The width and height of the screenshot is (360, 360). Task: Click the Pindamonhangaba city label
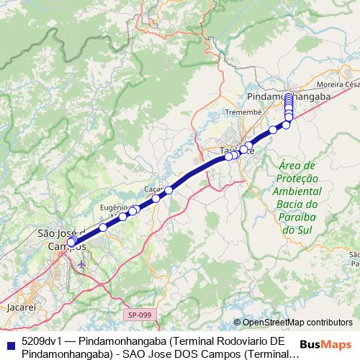287,96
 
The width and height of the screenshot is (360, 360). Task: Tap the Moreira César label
341,84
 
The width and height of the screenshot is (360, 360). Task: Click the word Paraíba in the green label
297,217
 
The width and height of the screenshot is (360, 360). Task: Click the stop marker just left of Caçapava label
156,198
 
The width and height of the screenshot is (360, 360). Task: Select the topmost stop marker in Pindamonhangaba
289,97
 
